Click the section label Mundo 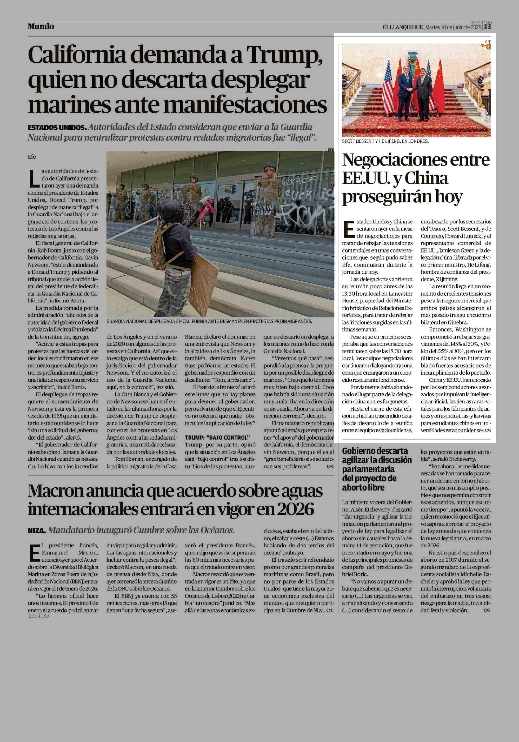tap(41, 26)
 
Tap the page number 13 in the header tap(487, 27)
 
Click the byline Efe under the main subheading tap(32, 157)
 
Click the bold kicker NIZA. tap(37, 530)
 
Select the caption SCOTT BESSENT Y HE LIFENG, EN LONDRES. tap(385, 141)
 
